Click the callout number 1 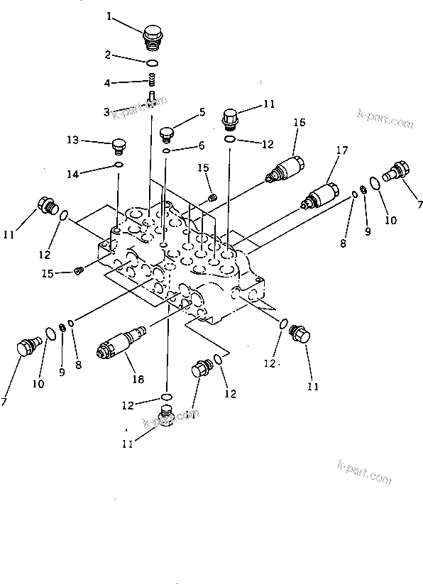(x=109, y=16)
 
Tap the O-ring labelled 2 (x=153, y=63)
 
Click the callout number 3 (x=106, y=112)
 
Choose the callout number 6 (x=201, y=145)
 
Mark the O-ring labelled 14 (x=119, y=167)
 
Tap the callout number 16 (x=299, y=123)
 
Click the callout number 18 (x=137, y=380)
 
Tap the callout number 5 (x=202, y=111)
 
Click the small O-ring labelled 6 (x=165, y=150)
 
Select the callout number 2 (x=107, y=55)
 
